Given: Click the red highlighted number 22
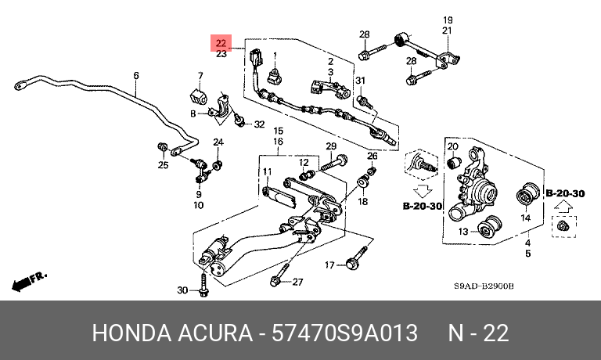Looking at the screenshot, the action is click(221, 42).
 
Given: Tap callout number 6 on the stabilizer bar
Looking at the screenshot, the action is click(136, 76).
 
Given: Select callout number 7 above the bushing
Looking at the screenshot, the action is click(200, 76).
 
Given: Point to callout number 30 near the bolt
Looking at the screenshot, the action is click(182, 290).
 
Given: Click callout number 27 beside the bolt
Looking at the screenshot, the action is click(297, 282).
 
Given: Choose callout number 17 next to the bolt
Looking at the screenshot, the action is click(329, 264).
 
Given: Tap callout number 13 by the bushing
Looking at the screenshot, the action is click(462, 232).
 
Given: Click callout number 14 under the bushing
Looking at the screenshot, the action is click(526, 218).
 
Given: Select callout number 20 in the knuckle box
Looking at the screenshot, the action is click(452, 146).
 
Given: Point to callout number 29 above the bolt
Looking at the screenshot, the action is click(331, 147).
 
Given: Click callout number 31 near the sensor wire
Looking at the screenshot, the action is click(361, 81).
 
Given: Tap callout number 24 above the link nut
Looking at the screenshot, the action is click(218, 142).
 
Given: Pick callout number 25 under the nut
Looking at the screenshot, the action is click(163, 165).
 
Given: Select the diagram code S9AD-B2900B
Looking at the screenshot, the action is click(484, 287).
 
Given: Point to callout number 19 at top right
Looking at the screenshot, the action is click(448, 20).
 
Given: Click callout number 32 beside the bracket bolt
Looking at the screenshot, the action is click(259, 124).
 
